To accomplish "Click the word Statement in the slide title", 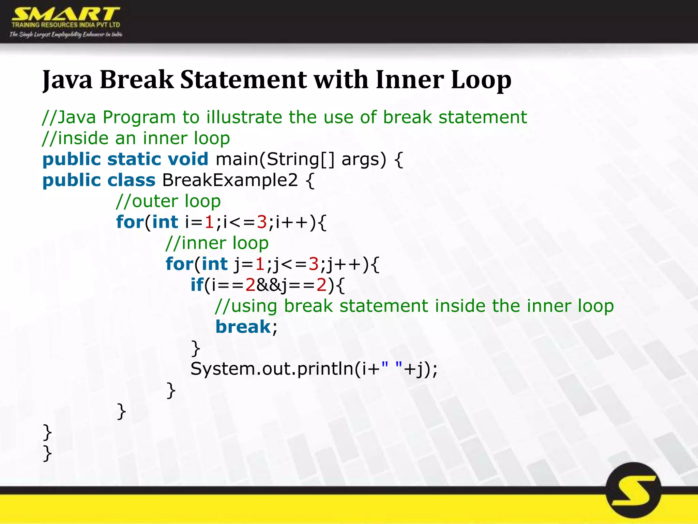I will pos(243,80).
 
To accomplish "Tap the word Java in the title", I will pos(67,80).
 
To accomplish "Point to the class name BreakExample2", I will pos(230,180).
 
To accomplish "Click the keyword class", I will pos(131,180).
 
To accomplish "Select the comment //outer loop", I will pos(168,201).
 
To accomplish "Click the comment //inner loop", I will pos(217,243).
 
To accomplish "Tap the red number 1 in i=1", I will pos(209,222).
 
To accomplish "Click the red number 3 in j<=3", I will pos(313,264).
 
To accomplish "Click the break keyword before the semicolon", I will pos(243,327).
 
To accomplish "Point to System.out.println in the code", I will pos(272,369).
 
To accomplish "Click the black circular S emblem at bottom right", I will pos(633,490).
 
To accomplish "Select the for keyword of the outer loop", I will pos(130,222).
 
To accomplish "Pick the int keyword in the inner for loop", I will pos(214,264).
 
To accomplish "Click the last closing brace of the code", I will pos(47,453).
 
